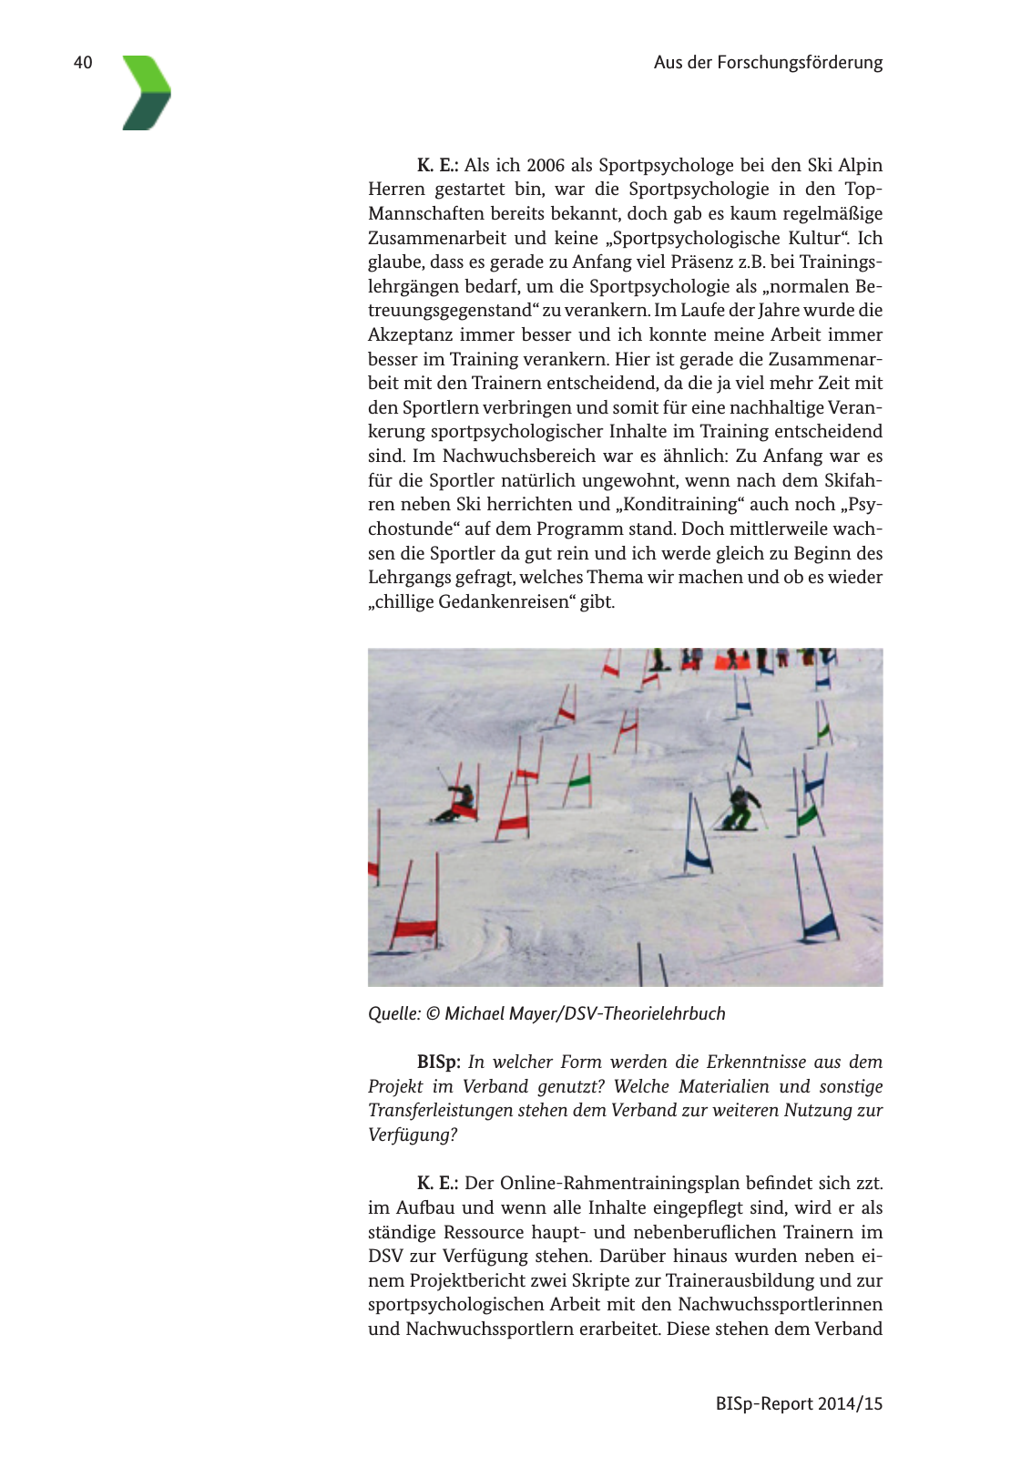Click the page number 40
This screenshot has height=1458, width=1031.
point(83,63)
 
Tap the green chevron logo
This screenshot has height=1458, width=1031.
point(146,92)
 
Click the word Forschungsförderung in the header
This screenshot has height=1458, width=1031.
point(800,63)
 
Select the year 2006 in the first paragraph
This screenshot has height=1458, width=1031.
point(546,165)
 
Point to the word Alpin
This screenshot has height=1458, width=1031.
point(860,165)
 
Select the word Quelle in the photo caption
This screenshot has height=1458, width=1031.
point(393,1013)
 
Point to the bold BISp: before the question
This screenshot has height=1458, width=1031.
point(439,1062)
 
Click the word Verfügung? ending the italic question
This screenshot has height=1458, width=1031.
point(413,1135)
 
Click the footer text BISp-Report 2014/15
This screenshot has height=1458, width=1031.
point(799,1403)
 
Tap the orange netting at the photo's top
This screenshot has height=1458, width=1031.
point(733,662)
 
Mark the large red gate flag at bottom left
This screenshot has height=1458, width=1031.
point(414,929)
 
